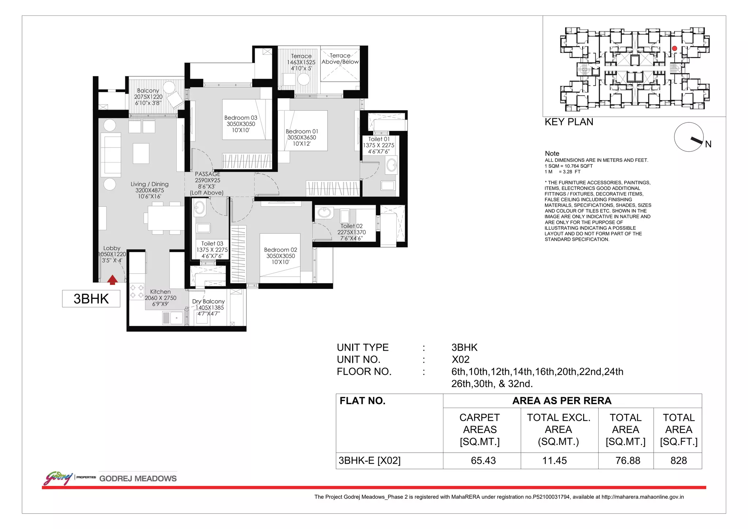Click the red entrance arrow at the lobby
click(112, 280)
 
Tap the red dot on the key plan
click(675, 48)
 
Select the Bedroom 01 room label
click(302, 131)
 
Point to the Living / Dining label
click(150, 184)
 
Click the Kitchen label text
click(160, 292)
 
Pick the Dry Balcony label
click(208, 301)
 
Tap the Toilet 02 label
click(351, 226)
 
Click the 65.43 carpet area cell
click(483, 461)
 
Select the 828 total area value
click(679, 461)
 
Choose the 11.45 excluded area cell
click(554, 461)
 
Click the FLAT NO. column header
click(362, 401)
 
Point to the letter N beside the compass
click(708, 144)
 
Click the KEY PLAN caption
click(569, 122)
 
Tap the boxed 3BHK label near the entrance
click(91, 299)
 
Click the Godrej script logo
click(58, 478)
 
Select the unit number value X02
click(461, 359)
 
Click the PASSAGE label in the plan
click(207, 174)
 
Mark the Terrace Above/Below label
click(340, 59)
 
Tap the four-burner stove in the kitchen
click(137, 292)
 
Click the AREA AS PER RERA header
click(562, 401)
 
